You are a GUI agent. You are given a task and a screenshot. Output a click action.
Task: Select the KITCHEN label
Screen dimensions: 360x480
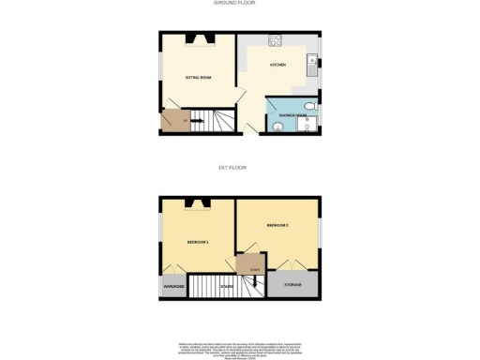tap(278, 65)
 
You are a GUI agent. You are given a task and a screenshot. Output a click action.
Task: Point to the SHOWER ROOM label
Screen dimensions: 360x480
tap(291, 115)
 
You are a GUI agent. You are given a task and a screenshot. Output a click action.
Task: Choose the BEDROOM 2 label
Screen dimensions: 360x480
tap(277, 226)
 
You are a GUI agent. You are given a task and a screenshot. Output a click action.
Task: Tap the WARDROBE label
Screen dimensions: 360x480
tap(173, 286)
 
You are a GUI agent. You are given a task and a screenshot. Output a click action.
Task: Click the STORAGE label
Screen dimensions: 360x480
tap(292, 284)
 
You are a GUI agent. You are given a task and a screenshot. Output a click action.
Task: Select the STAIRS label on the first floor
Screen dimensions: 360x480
tap(226, 286)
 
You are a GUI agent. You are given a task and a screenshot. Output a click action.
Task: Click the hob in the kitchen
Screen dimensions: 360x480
tap(277, 40)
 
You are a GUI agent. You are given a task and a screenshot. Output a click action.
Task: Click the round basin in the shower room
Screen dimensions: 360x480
tap(279, 126)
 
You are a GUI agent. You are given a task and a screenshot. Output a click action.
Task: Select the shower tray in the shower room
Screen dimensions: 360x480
tap(307, 127)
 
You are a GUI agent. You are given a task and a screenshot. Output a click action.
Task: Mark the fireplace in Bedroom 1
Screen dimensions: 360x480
tap(198, 203)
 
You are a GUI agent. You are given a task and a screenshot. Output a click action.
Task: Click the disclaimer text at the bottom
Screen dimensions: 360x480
tap(239, 350)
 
